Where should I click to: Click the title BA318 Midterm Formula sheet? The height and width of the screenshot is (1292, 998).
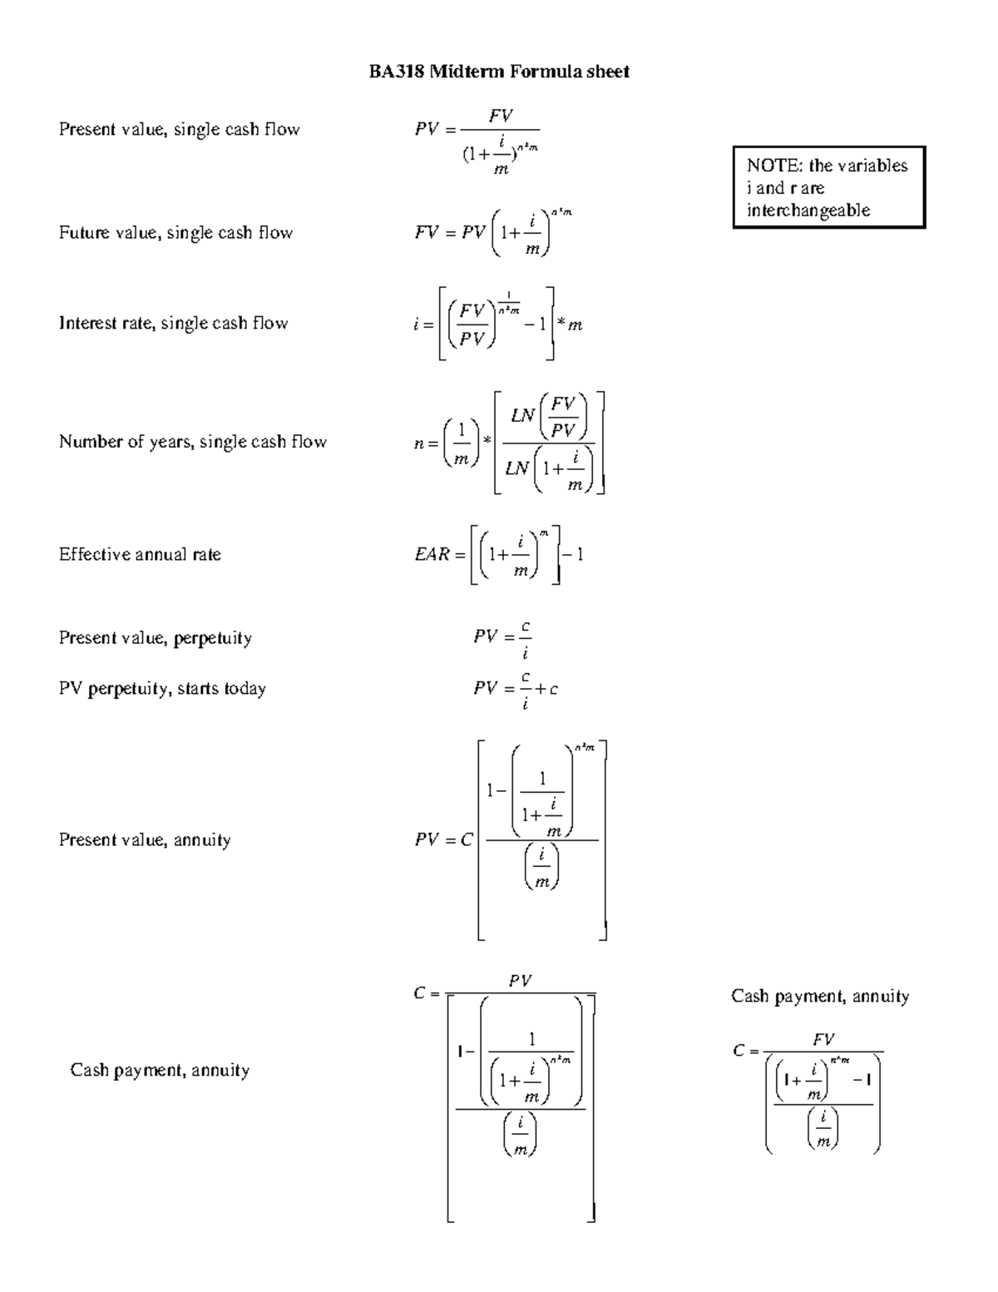pyautogui.click(x=499, y=72)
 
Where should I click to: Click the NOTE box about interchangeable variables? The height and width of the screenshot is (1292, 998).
pyautogui.click(x=828, y=187)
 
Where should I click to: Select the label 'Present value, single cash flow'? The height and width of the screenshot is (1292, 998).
pyautogui.click(x=179, y=129)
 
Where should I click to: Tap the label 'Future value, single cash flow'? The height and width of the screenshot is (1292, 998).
pyautogui.click(x=175, y=233)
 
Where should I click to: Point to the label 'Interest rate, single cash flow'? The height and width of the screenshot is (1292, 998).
pyautogui.click(x=173, y=324)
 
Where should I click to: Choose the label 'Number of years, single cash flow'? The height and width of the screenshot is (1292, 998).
pyautogui.click(x=192, y=442)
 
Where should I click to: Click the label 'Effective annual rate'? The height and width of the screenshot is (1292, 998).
pyautogui.click(x=140, y=555)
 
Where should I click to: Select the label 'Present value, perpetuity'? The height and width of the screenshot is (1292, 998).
pyautogui.click(x=155, y=638)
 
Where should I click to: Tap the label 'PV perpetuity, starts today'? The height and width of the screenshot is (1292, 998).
pyautogui.click(x=162, y=689)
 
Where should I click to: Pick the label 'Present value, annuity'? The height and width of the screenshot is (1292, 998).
pyautogui.click(x=145, y=840)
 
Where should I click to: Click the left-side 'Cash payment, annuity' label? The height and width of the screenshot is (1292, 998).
pyautogui.click(x=160, y=1071)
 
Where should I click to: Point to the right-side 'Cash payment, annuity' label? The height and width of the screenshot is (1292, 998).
pyautogui.click(x=820, y=997)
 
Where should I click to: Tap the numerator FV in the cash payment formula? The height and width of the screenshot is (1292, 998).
pyautogui.click(x=823, y=1040)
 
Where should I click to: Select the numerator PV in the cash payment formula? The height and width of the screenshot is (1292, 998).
pyautogui.click(x=520, y=982)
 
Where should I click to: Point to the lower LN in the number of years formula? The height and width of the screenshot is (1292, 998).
pyautogui.click(x=517, y=468)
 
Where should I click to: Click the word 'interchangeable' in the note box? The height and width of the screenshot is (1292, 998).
pyautogui.click(x=808, y=210)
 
